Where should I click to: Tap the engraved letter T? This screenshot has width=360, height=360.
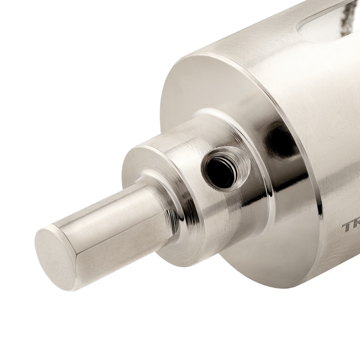tap(348, 226)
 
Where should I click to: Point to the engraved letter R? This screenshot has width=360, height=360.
tap(357, 227)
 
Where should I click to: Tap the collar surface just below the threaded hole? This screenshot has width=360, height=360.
tap(225, 202)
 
